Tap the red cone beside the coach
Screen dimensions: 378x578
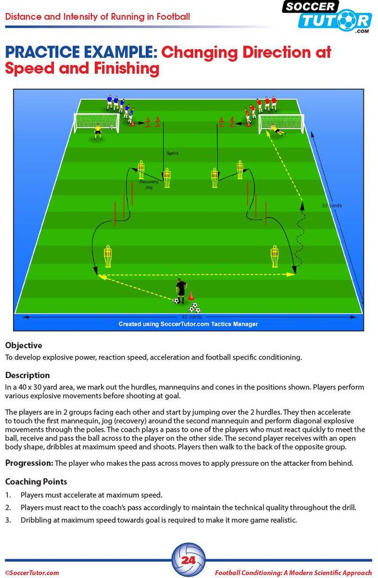coord(190,295)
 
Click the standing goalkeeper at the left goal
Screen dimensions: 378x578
coord(97,132)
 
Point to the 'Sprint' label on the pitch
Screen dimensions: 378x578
coord(172,153)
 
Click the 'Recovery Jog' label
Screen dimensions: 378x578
coord(149,185)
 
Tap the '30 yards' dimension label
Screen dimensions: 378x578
coord(331,205)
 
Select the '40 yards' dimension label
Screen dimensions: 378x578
coord(192,317)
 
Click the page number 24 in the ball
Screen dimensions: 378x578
coord(189,561)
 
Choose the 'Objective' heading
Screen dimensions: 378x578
coord(24,345)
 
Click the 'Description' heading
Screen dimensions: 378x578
coord(27,375)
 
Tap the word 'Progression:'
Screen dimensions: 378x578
coord(29,463)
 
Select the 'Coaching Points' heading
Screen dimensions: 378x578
coord(36,481)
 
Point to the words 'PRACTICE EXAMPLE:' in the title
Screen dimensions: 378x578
coord(81,52)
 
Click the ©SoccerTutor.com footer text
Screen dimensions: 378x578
coord(32,572)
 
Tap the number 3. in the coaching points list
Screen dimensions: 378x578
coord(8,520)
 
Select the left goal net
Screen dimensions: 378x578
coord(97,122)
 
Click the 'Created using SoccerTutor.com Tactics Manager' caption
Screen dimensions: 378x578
coord(188,324)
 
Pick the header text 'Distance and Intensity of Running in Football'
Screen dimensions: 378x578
coord(97,16)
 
